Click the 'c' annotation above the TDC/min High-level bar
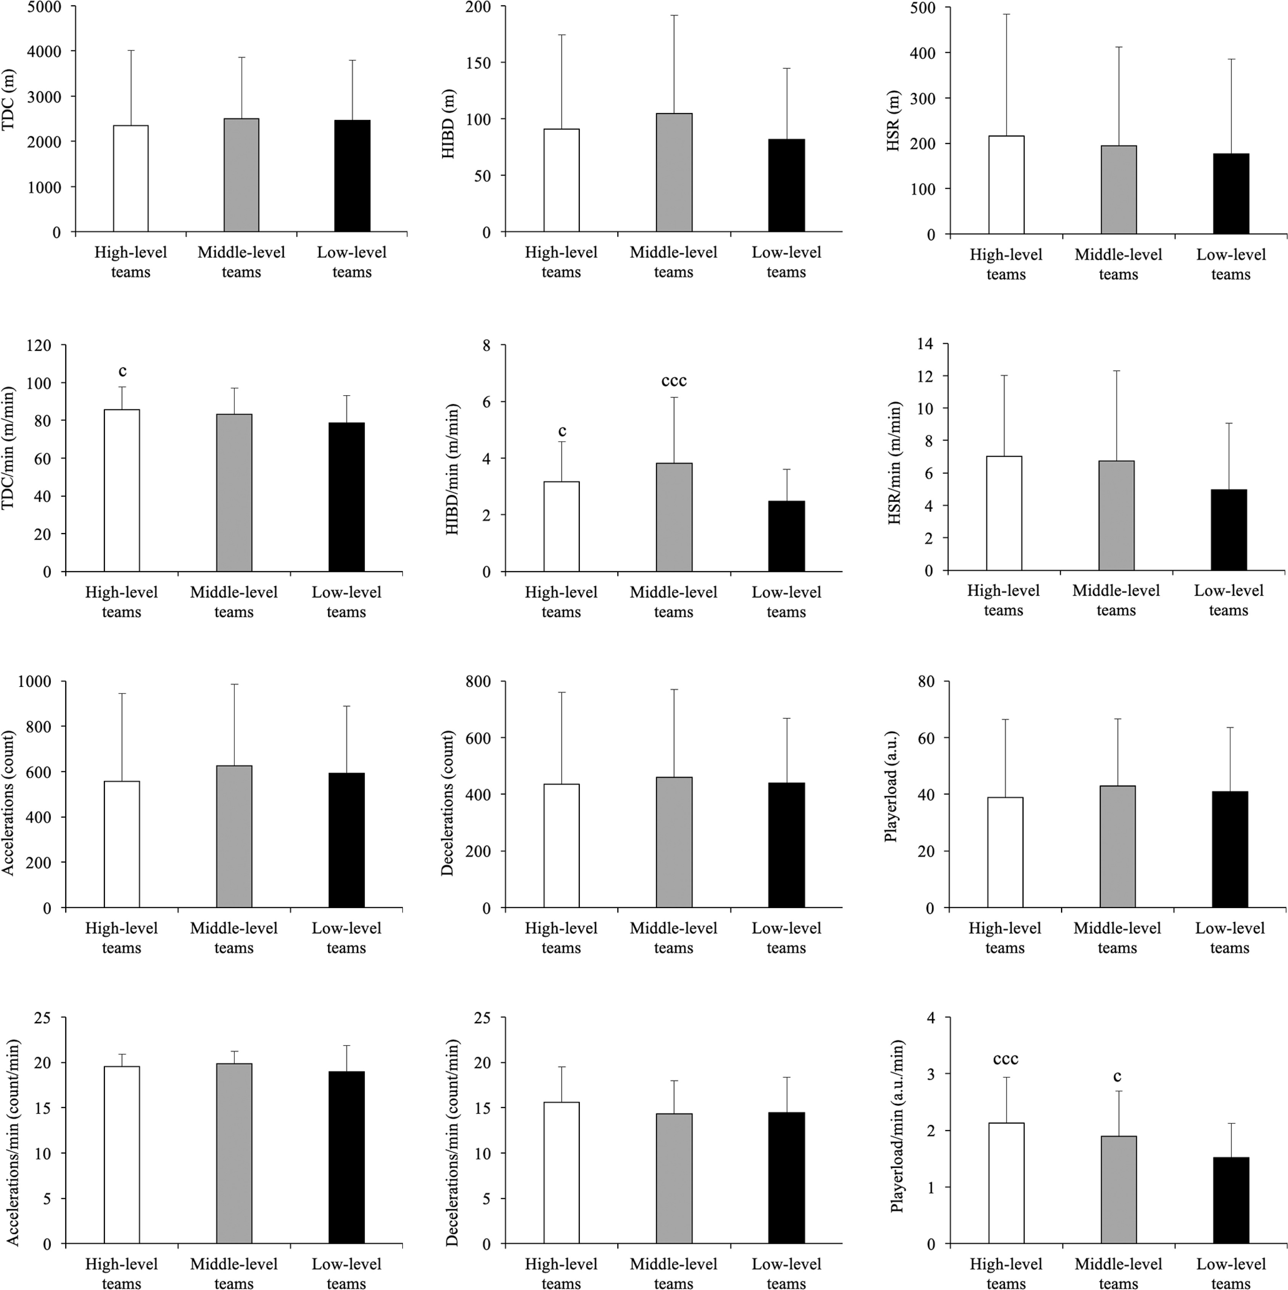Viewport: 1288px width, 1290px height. tap(122, 371)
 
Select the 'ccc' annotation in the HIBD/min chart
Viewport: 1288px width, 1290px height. tap(674, 381)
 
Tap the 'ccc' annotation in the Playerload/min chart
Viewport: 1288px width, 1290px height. tap(1006, 1059)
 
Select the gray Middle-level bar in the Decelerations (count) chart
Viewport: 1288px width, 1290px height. tap(674, 842)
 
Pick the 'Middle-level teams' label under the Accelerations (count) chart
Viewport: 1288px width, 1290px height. tap(234, 938)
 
